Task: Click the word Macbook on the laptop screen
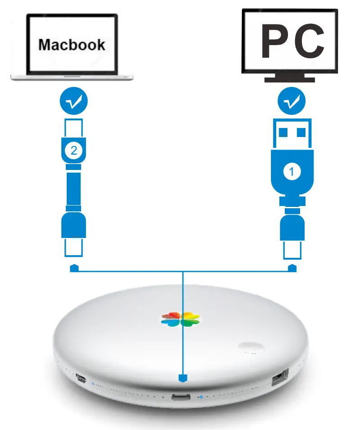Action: click(72, 45)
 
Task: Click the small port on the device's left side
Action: click(82, 378)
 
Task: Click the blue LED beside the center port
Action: click(201, 398)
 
